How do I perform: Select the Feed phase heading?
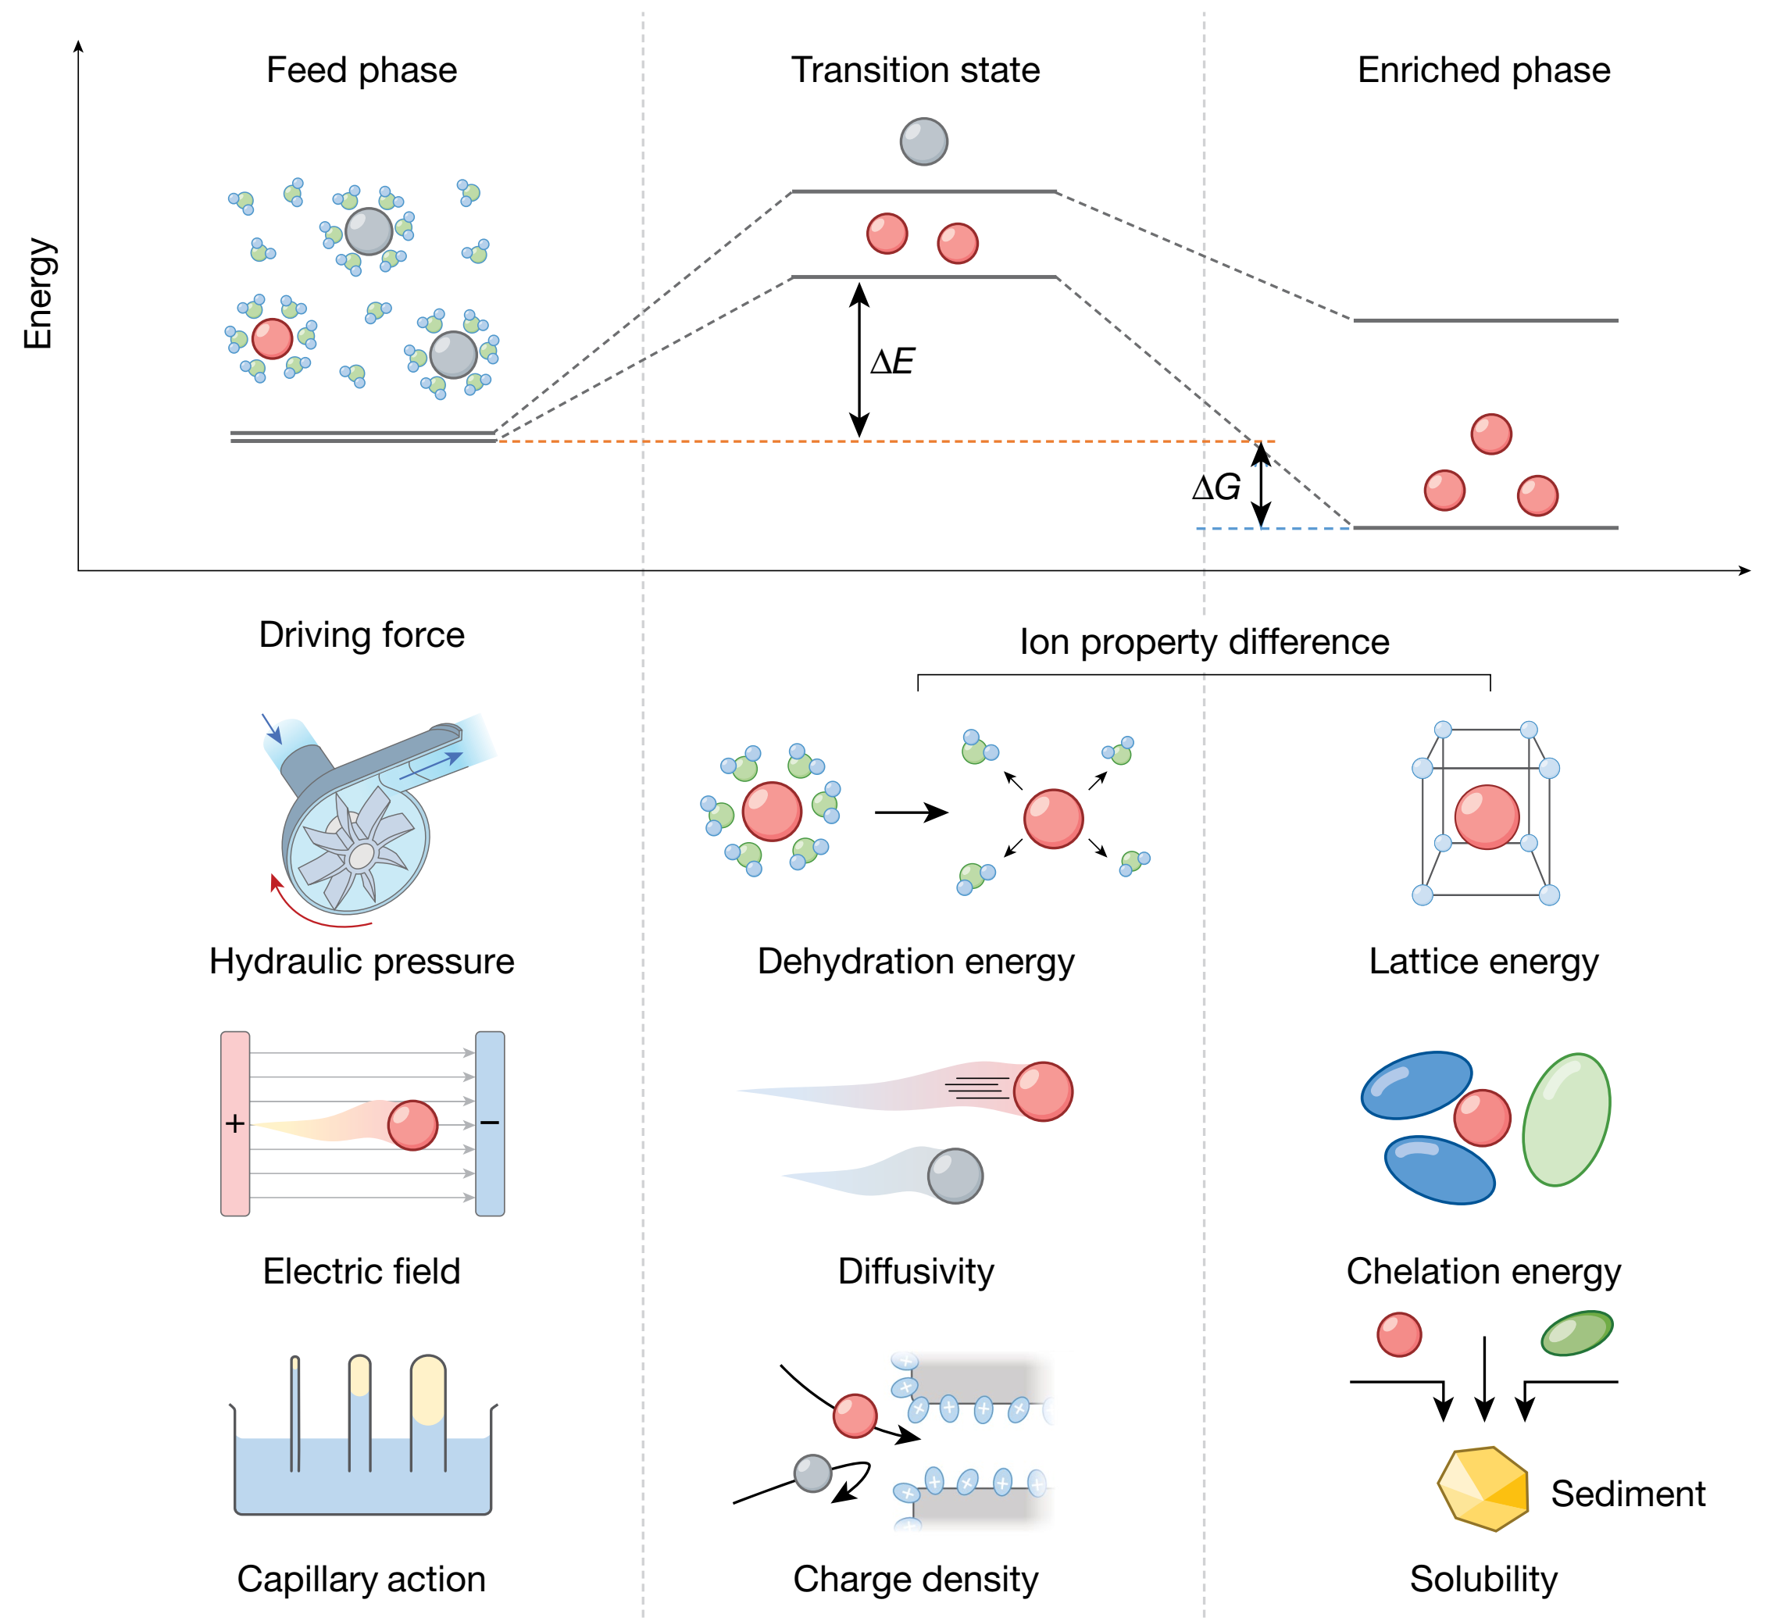pos(362,70)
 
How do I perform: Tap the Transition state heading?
pos(915,70)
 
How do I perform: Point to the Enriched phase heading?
pos(1483,70)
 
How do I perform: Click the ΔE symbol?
pos(892,362)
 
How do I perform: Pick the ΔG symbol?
pos(1215,487)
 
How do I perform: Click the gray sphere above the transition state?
pos(923,141)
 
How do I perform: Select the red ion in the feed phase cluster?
pos(272,338)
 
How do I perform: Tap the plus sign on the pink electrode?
pos(235,1123)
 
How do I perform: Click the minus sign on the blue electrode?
pos(489,1123)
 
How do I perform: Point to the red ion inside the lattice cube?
pos(1487,816)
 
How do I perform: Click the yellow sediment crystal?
pos(1483,1488)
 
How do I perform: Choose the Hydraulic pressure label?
pos(362,962)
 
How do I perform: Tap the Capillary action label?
pos(362,1579)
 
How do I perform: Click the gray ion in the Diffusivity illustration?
pos(955,1176)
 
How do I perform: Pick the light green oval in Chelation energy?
pos(1566,1119)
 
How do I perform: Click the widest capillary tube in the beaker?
pos(428,1412)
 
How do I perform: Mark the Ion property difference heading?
pos(1204,642)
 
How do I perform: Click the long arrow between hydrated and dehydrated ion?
pos(910,812)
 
